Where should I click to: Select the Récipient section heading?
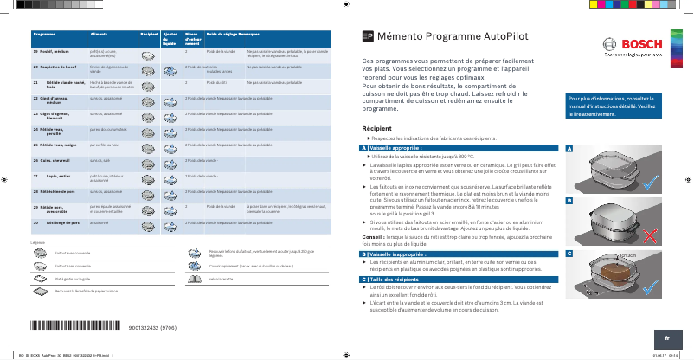click(x=380, y=128)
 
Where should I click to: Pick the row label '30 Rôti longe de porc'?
click(x=52, y=223)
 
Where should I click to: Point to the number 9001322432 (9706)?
click(x=152, y=328)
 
